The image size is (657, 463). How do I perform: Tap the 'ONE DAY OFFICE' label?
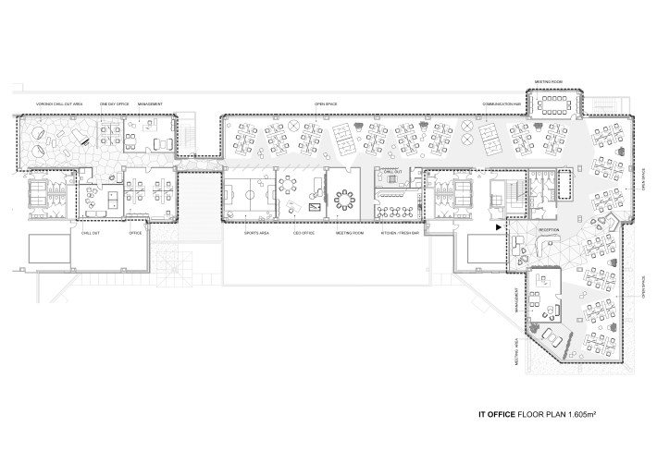[113, 104]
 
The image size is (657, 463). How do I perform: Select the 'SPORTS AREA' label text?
[256, 236]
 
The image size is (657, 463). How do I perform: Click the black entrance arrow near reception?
[500, 226]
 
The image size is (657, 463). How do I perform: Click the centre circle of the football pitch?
[248, 196]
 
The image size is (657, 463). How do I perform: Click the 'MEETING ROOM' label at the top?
[552, 81]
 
